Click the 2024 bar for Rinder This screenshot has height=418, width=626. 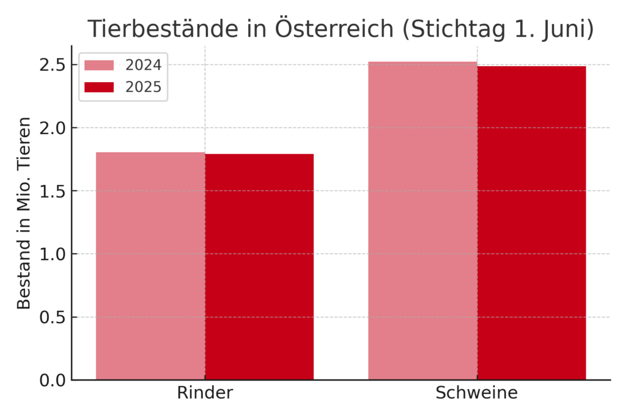pyautogui.click(x=150, y=266)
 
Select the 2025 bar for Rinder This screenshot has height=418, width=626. pyautogui.click(x=259, y=267)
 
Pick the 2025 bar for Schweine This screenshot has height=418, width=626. pyautogui.click(x=531, y=223)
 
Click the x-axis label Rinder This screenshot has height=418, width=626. pyautogui.click(x=205, y=393)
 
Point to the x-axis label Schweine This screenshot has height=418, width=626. pyautogui.click(x=476, y=393)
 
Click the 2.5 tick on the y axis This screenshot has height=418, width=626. pyautogui.click(x=53, y=65)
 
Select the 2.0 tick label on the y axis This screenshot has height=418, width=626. pyautogui.click(x=53, y=128)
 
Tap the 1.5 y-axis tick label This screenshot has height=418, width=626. pyautogui.click(x=53, y=191)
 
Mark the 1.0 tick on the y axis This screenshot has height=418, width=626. pyautogui.click(x=53, y=254)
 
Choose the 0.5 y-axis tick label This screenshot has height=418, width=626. pyautogui.click(x=53, y=317)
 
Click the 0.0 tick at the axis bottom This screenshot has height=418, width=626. pyautogui.click(x=53, y=380)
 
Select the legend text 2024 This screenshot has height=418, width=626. pyautogui.click(x=144, y=65)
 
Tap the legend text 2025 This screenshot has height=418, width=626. pyautogui.click(x=144, y=88)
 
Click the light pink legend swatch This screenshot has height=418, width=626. pyautogui.click(x=99, y=65)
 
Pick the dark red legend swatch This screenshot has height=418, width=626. pyautogui.click(x=99, y=88)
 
